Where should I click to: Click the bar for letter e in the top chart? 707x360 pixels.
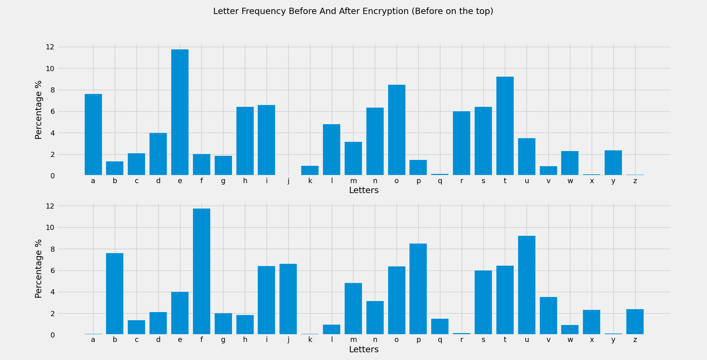[x=180, y=112]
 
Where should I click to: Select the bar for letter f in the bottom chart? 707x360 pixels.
[x=201, y=272]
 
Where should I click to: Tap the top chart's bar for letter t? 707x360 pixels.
[x=505, y=126]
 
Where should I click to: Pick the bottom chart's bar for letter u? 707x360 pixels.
[x=527, y=285]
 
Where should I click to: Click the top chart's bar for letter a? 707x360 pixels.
[x=93, y=134]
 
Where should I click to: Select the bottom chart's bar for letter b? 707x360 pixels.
[x=115, y=294]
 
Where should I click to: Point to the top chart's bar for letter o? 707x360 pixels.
[x=397, y=130]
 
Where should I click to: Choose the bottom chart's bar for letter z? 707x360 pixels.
[x=635, y=322]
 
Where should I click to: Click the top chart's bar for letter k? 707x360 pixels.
[x=310, y=171]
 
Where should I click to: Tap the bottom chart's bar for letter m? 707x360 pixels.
[x=353, y=309]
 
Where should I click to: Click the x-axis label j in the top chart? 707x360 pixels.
[x=288, y=181]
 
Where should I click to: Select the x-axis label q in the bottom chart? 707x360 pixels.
[x=440, y=340]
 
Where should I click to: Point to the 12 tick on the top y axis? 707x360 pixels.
[x=50, y=47]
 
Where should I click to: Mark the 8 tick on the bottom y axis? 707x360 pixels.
[x=52, y=249]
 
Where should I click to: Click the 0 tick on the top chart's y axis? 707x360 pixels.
[x=52, y=176]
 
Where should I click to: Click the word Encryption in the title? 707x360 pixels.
[x=385, y=11]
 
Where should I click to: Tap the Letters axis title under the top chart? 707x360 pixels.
[x=363, y=191]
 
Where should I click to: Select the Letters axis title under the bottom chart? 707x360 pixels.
[x=363, y=350]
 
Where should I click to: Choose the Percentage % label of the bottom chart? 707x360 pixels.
[x=38, y=269]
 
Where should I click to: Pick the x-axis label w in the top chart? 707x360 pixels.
[x=570, y=181]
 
